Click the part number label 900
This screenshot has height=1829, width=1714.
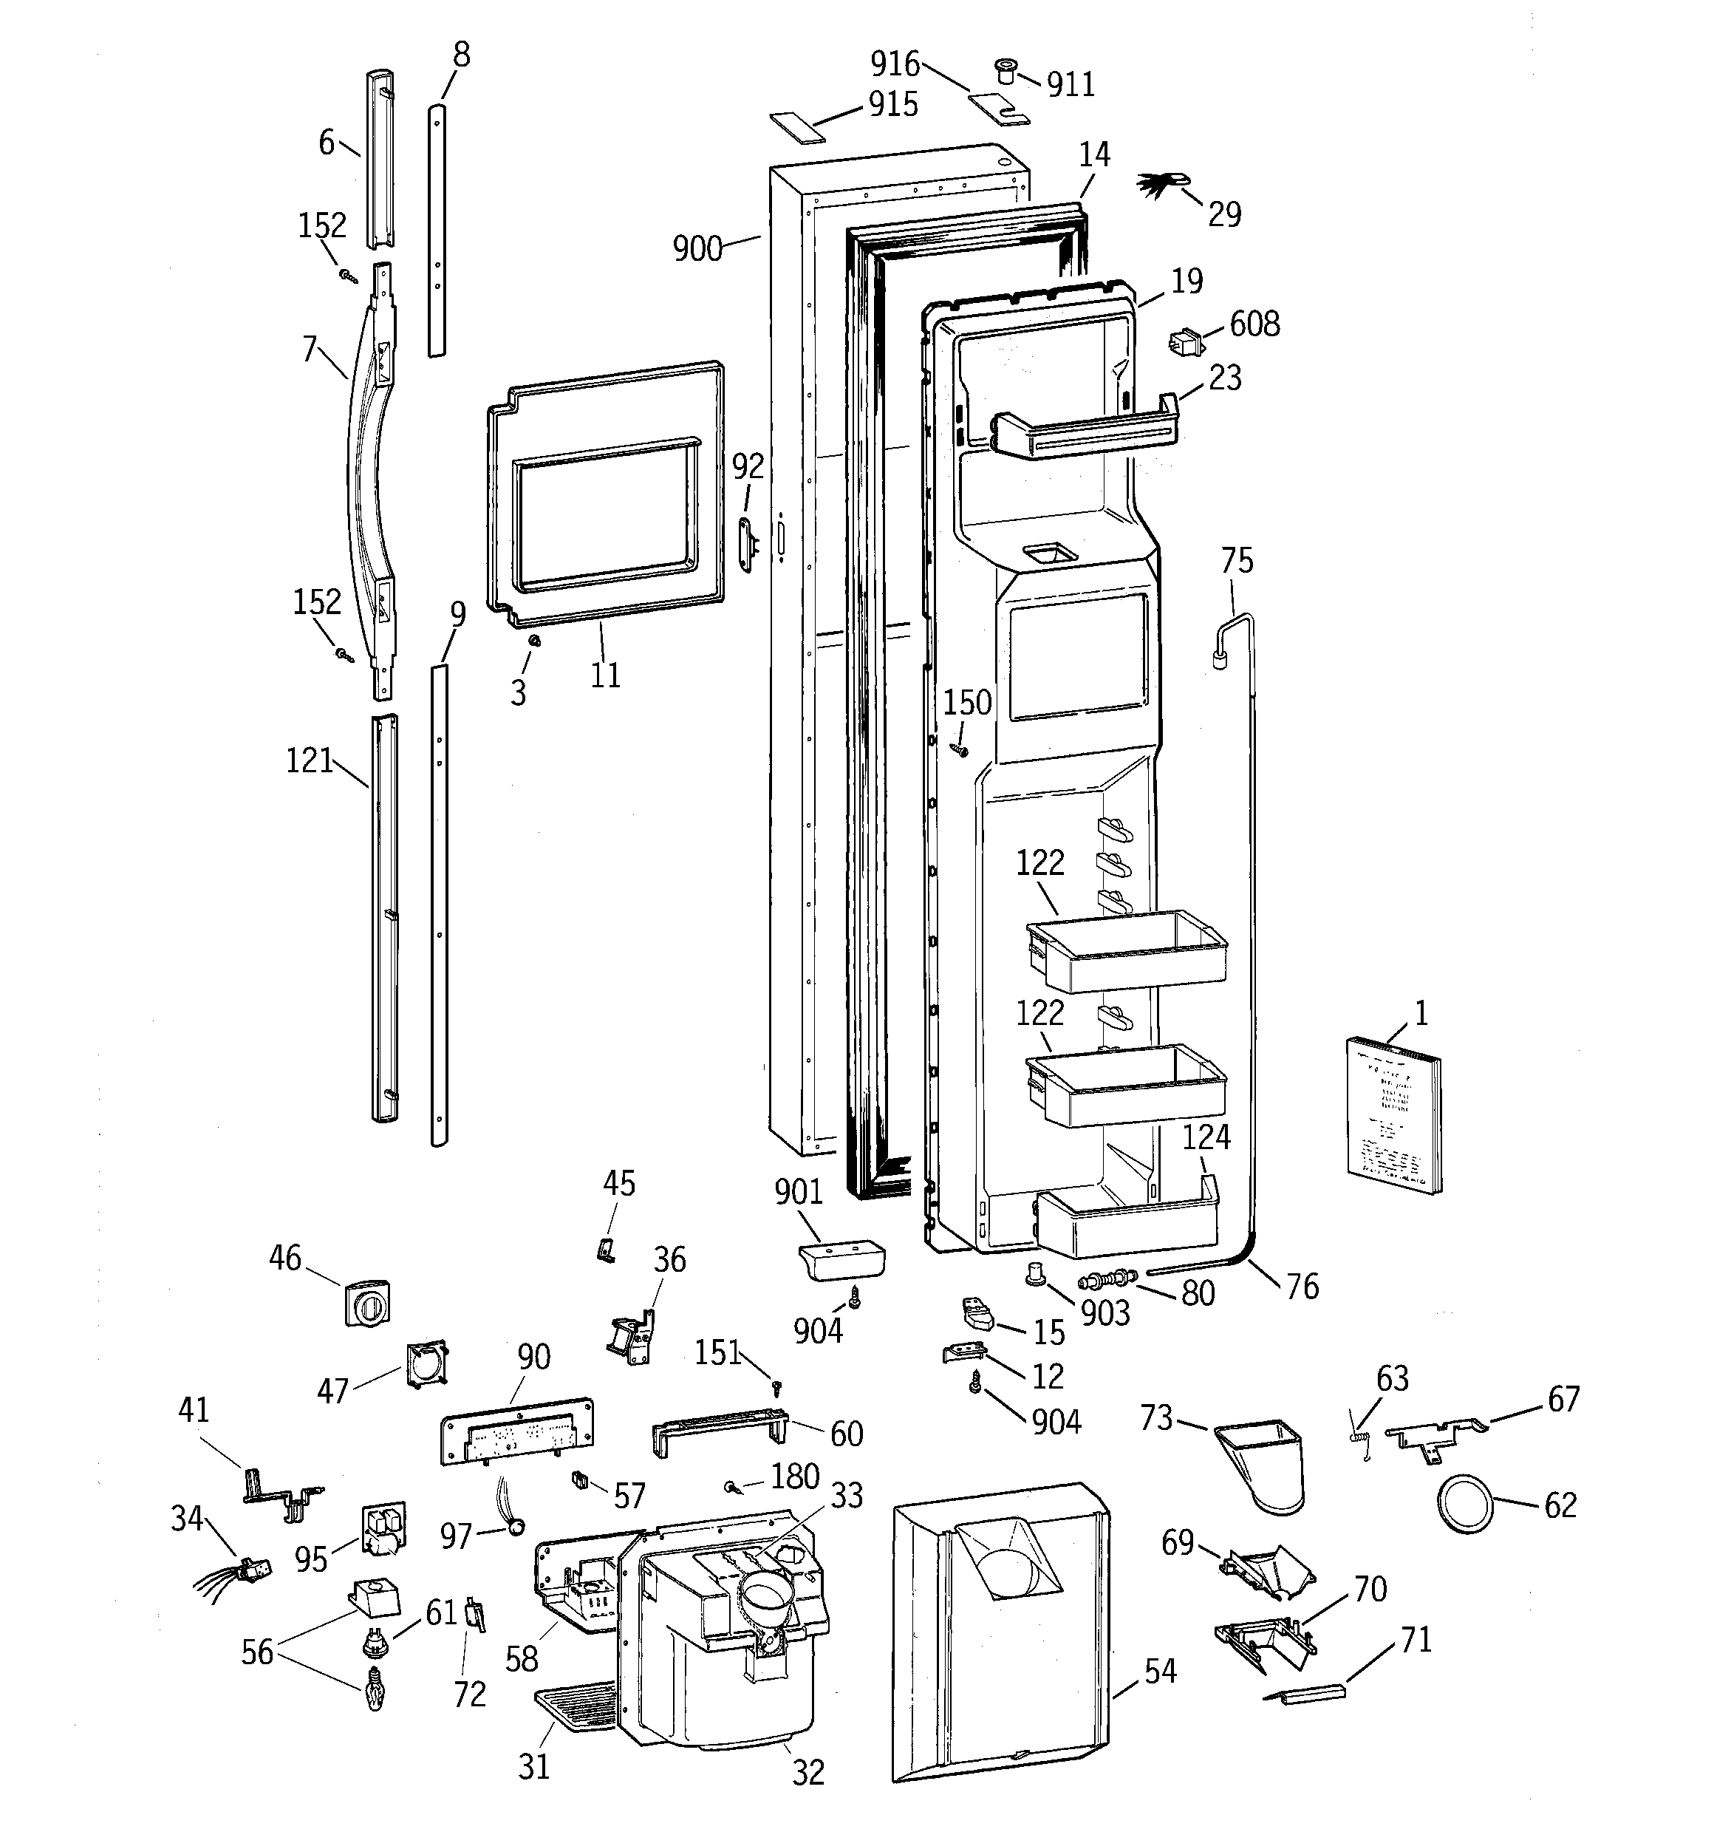tap(697, 248)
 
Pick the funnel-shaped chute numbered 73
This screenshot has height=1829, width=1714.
tap(1263, 1464)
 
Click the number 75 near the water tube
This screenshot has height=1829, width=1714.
tap(1237, 560)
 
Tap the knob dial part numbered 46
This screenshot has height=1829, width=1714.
tap(366, 1303)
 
